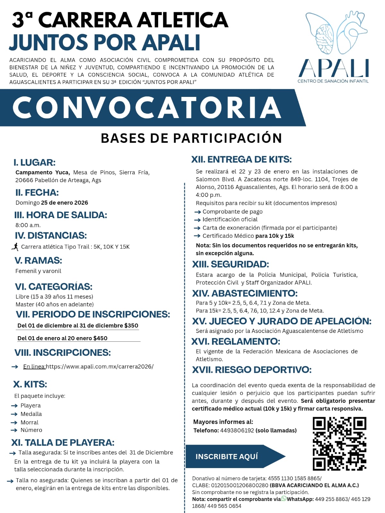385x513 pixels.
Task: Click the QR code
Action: click(x=339, y=443)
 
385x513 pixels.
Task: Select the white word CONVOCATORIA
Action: click(x=147, y=107)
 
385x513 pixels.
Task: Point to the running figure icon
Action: click(x=15, y=246)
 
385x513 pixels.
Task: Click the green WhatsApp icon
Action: click(x=284, y=499)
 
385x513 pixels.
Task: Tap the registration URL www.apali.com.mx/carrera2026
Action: click(x=100, y=366)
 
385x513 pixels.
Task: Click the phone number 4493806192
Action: click(x=237, y=430)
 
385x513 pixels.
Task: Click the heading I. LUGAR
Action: click(x=35, y=162)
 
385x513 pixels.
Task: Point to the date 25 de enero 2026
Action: click(x=64, y=202)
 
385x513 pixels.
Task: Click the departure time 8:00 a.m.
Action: click(x=28, y=225)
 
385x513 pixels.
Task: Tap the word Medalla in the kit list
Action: click(x=31, y=414)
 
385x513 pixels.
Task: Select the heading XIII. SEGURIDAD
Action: click(x=230, y=264)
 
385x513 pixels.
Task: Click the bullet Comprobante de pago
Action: click(x=232, y=211)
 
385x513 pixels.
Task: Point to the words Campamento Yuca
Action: click(x=42, y=172)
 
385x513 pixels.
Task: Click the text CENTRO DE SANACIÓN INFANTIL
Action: click(x=333, y=81)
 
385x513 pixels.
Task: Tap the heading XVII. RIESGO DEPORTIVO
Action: click(x=252, y=370)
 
